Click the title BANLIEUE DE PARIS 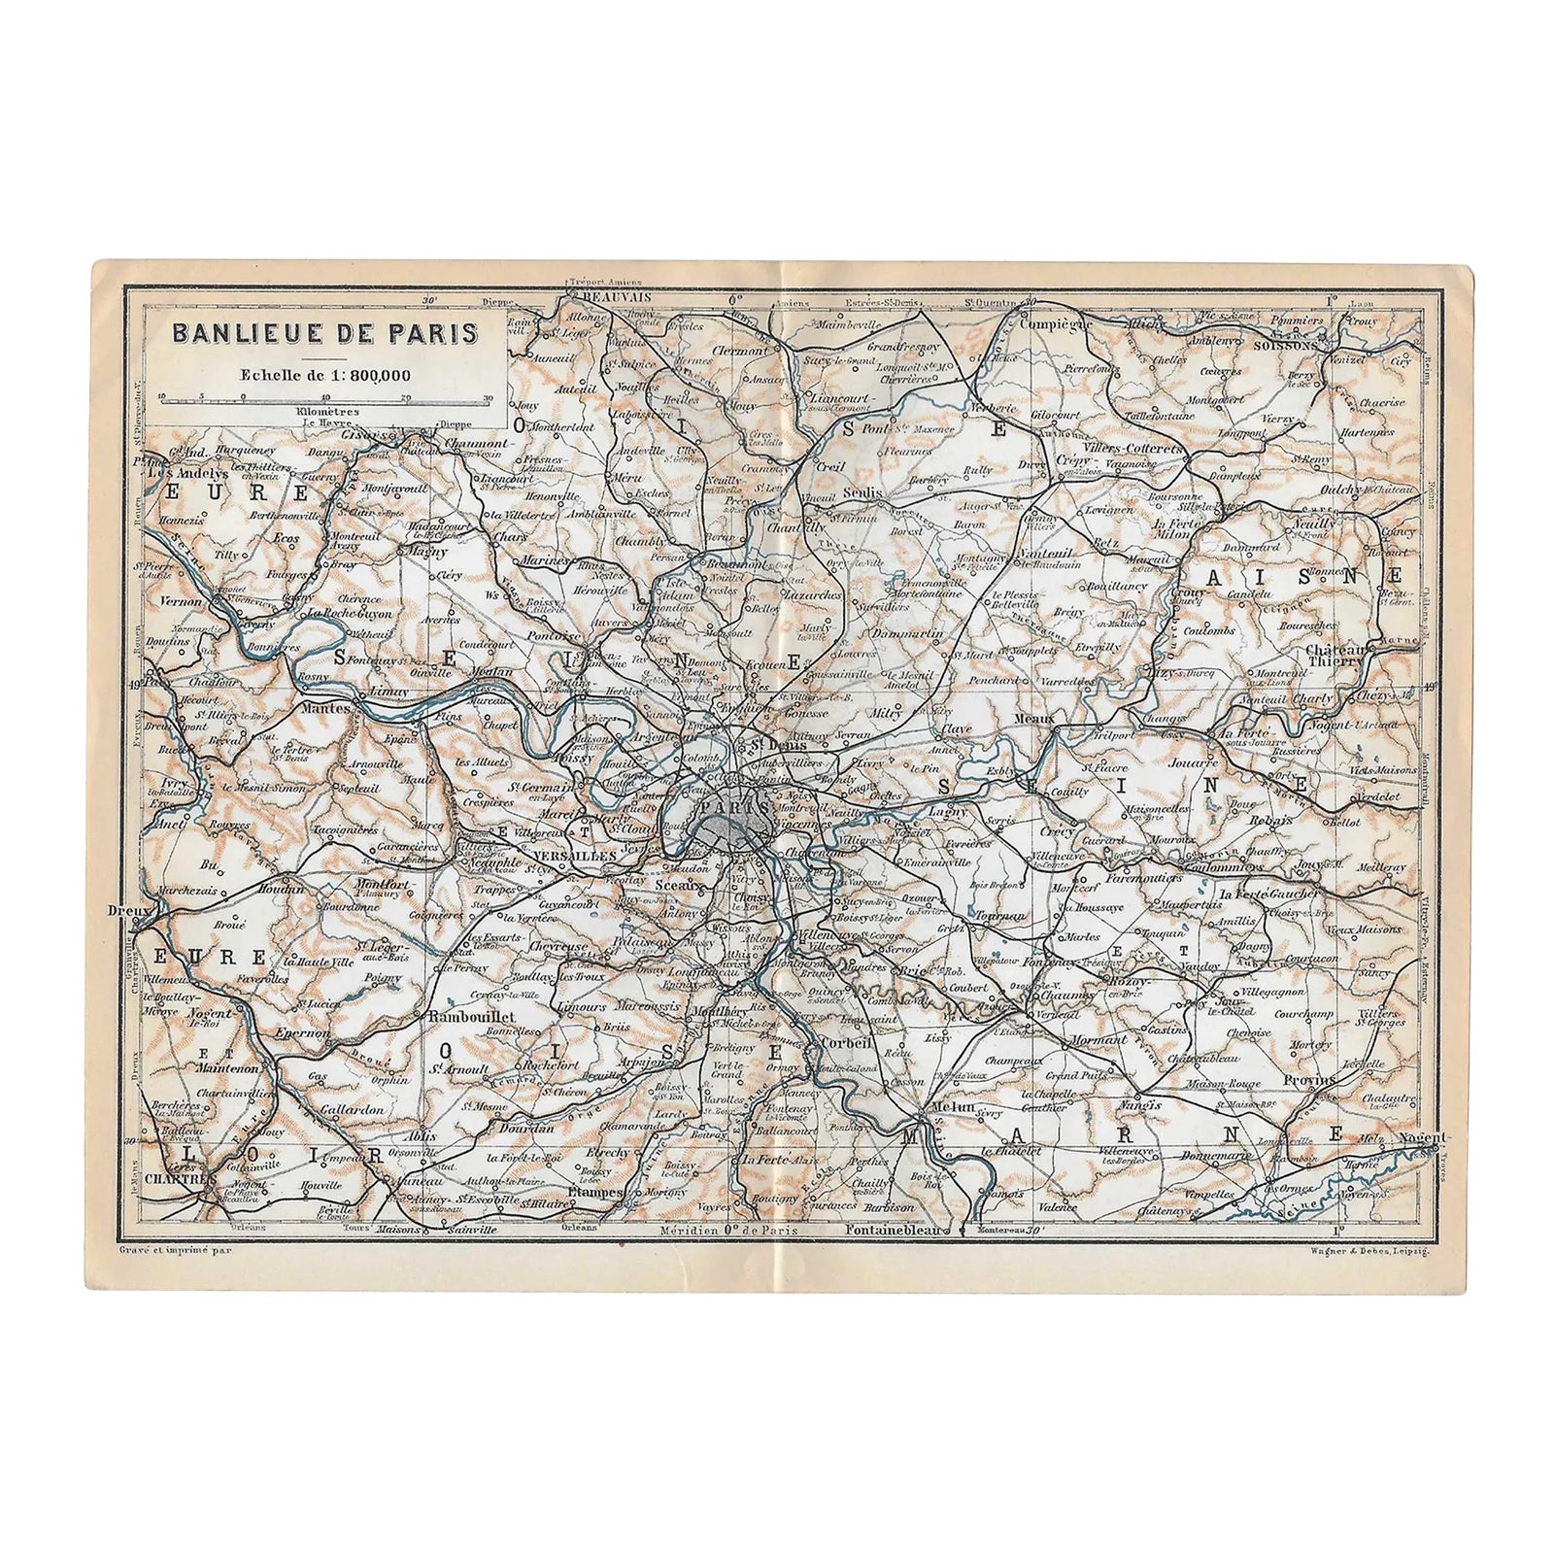[324, 332]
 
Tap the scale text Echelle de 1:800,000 [325, 374]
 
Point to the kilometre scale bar [325, 397]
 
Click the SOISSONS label [1285, 344]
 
